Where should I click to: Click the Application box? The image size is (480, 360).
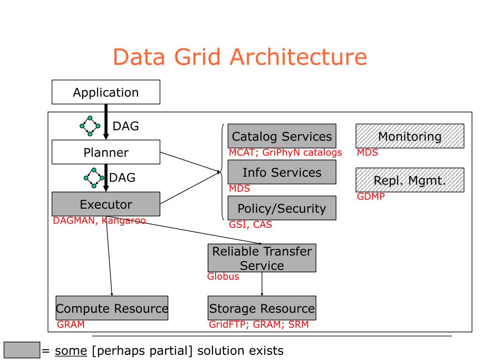point(106,92)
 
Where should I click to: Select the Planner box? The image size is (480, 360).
point(106,152)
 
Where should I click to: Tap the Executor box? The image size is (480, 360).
point(106,204)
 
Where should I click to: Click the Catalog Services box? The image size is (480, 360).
point(282,136)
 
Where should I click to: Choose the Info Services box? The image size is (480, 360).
point(282,172)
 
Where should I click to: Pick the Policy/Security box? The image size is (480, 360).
point(282,208)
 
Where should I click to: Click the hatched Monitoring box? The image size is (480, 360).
point(410,136)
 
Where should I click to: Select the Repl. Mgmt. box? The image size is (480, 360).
point(410,180)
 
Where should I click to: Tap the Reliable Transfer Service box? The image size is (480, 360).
point(262,258)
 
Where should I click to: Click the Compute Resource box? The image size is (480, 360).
point(112,308)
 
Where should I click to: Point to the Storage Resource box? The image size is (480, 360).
point(262,308)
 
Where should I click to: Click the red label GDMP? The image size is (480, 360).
point(371,196)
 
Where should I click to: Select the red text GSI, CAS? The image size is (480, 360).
point(250,225)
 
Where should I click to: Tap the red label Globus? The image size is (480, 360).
point(223,277)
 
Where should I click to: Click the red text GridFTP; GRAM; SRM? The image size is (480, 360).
point(259,324)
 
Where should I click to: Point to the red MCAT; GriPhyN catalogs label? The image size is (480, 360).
point(285,152)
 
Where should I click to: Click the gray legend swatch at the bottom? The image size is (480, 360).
point(22,350)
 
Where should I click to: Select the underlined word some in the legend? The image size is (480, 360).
point(71,351)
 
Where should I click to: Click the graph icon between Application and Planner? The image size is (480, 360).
point(90,126)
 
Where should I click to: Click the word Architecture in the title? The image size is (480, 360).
point(299,57)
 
